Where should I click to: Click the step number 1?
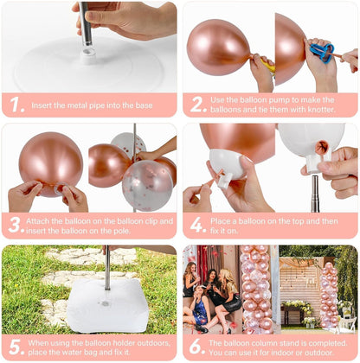point(16,105)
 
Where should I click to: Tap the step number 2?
point(198,105)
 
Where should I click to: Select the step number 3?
point(16,225)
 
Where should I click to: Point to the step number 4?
point(198,225)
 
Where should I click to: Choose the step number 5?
point(16,347)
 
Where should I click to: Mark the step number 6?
point(197,347)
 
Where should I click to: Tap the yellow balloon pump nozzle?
point(267,66)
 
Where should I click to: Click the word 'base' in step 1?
point(145,105)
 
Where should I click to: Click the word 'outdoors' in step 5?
point(153,343)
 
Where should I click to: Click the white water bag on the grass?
point(108,306)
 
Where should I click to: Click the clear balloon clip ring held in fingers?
point(60,188)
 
